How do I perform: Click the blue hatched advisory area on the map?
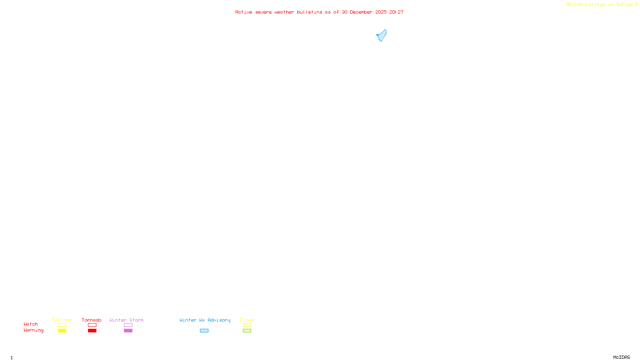point(382,36)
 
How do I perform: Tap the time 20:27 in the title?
point(396,12)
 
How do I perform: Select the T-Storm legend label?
point(62,320)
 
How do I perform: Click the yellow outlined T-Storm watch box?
point(62,325)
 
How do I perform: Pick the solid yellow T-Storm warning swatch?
point(62,331)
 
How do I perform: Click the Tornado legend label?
point(92,320)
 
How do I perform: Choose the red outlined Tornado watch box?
point(92,325)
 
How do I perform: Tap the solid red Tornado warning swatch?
point(92,331)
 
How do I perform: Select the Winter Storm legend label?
point(126,320)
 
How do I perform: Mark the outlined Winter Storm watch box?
point(128,325)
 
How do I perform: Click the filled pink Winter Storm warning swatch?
point(128,331)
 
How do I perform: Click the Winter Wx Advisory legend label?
point(205,320)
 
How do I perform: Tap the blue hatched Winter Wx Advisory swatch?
point(204,331)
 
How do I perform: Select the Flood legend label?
point(247,320)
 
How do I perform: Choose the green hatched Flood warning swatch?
point(247,331)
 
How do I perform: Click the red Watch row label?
point(31,324)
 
